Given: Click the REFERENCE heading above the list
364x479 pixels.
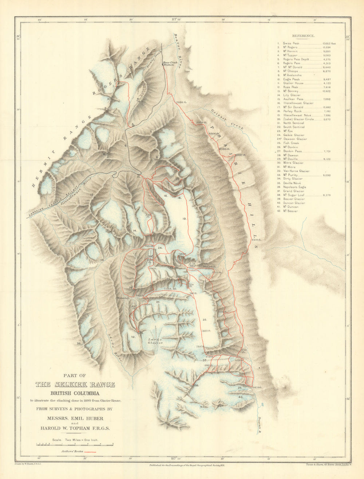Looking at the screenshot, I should coord(303,36).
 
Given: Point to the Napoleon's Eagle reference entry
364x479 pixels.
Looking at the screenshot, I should coord(294,187).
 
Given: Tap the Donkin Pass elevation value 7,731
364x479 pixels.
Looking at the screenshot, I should coord(328,151).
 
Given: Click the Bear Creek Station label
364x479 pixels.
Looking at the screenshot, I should coord(170,64).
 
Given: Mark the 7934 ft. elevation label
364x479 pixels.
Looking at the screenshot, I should coord(181,103).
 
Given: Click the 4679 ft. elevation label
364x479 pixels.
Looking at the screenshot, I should coord(257,387).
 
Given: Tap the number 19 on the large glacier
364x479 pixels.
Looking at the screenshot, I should coord(185,219).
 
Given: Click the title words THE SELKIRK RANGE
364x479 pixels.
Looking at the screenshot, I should coord(75,385).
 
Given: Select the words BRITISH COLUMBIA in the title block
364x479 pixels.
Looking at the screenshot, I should coord(75,393).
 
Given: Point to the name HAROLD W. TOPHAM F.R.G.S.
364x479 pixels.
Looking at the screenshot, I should coord(75,428).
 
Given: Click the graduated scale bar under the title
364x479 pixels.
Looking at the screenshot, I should coord(75,444).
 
